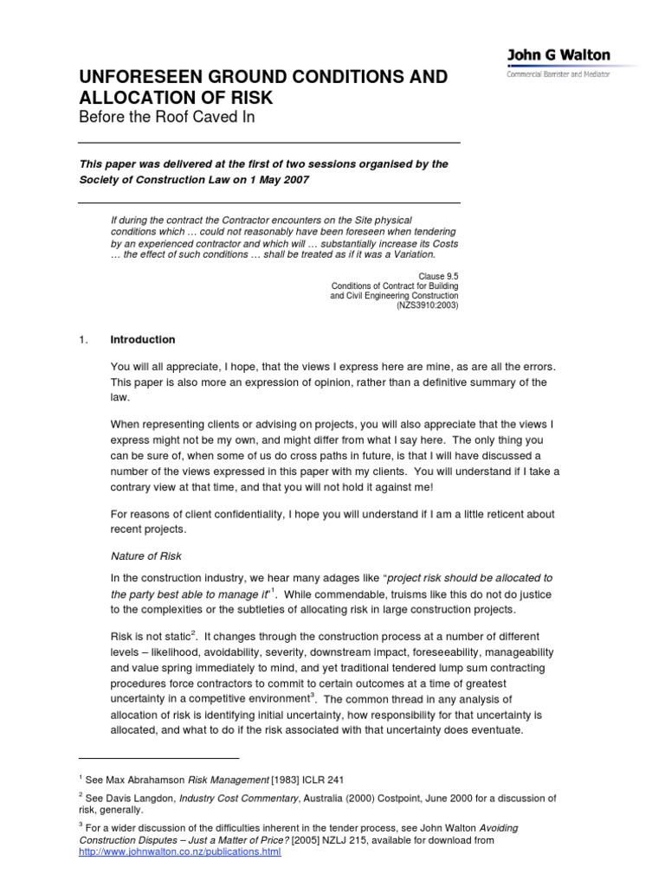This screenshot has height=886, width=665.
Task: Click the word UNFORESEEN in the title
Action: coord(140,77)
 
